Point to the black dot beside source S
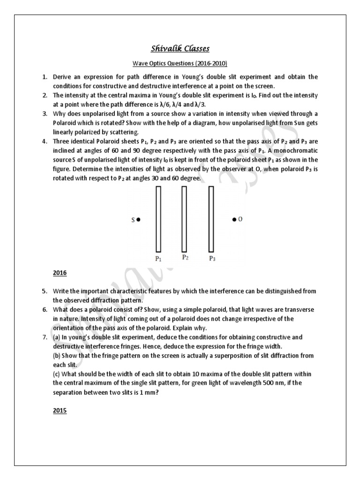(139, 219)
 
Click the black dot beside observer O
(234, 219)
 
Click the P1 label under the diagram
(158, 258)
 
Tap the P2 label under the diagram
(185, 257)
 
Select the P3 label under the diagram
(212, 258)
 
